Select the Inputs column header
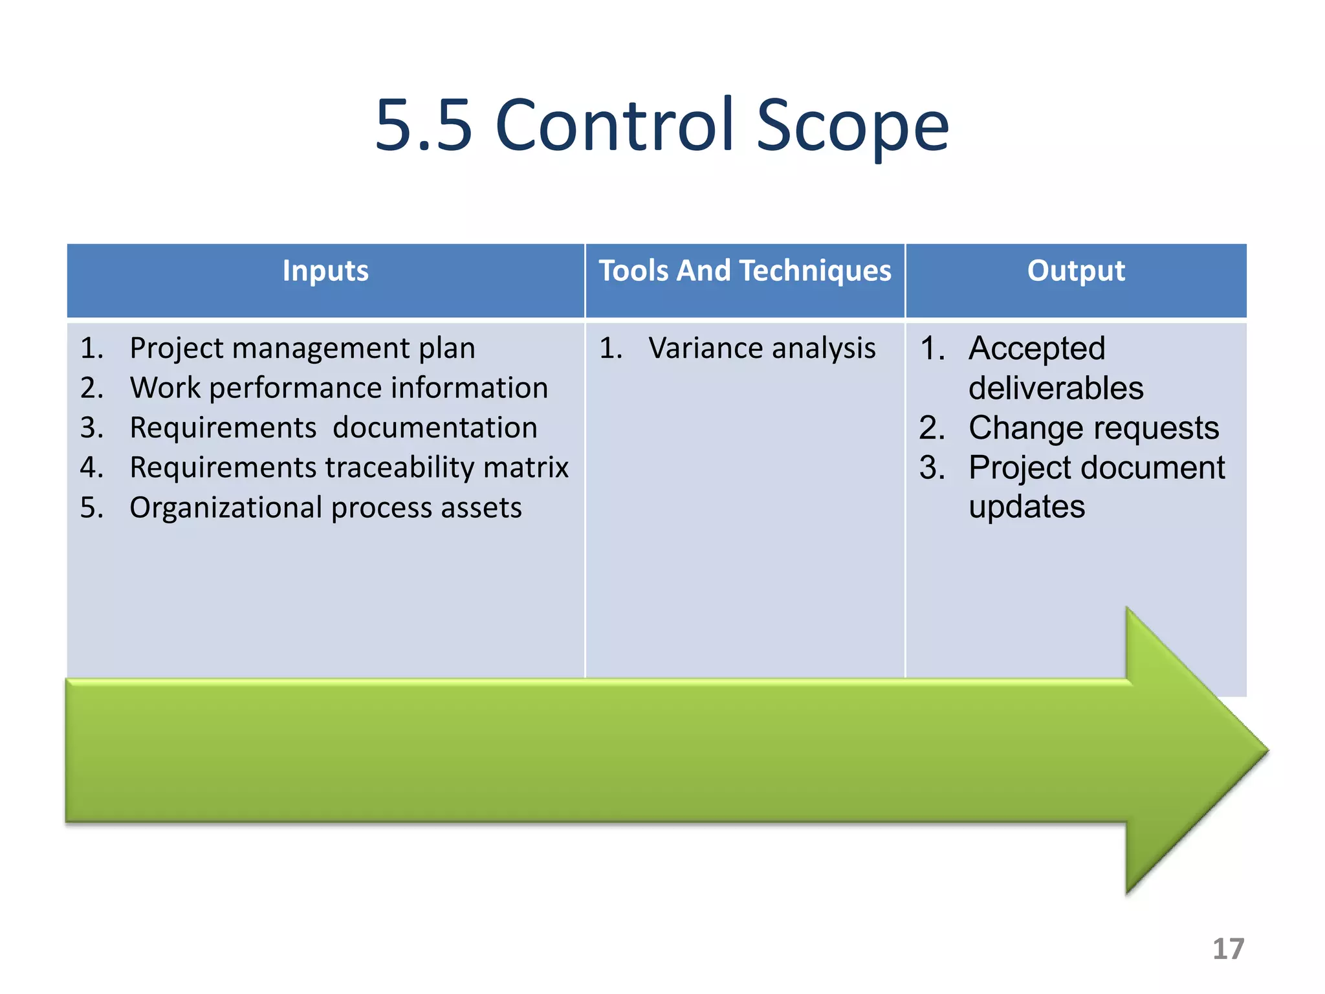[325, 271]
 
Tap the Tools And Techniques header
[745, 271]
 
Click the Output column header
[1076, 271]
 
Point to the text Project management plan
[302, 348]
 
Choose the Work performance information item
[338, 388]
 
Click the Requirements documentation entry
[333, 428]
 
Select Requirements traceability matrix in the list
[349, 467]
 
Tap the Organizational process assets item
[325, 507]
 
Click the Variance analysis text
[761, 348]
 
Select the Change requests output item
[1093, 428]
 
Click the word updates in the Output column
[1027, 507]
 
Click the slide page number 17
[1227, 949]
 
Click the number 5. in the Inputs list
[92, 507]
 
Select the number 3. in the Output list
[932, 467]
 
